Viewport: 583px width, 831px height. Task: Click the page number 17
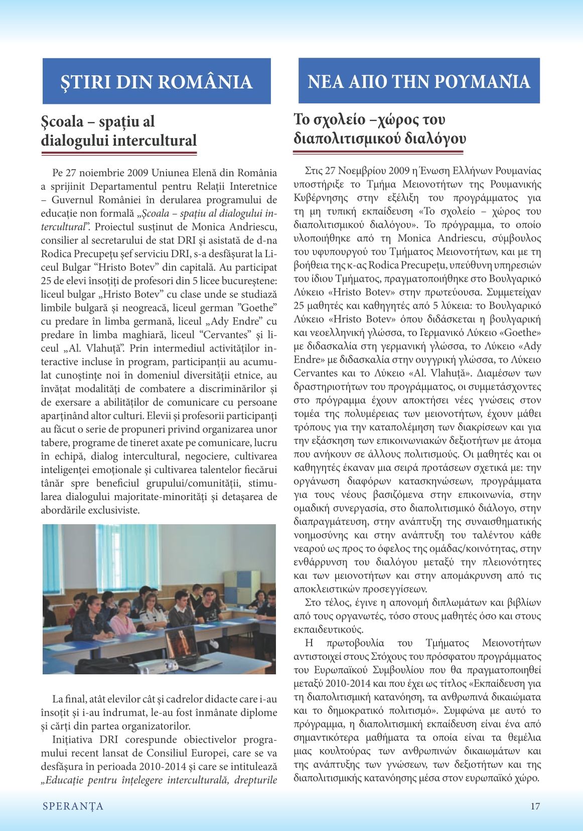(535, 806)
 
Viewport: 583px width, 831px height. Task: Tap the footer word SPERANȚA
(73, 806)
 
